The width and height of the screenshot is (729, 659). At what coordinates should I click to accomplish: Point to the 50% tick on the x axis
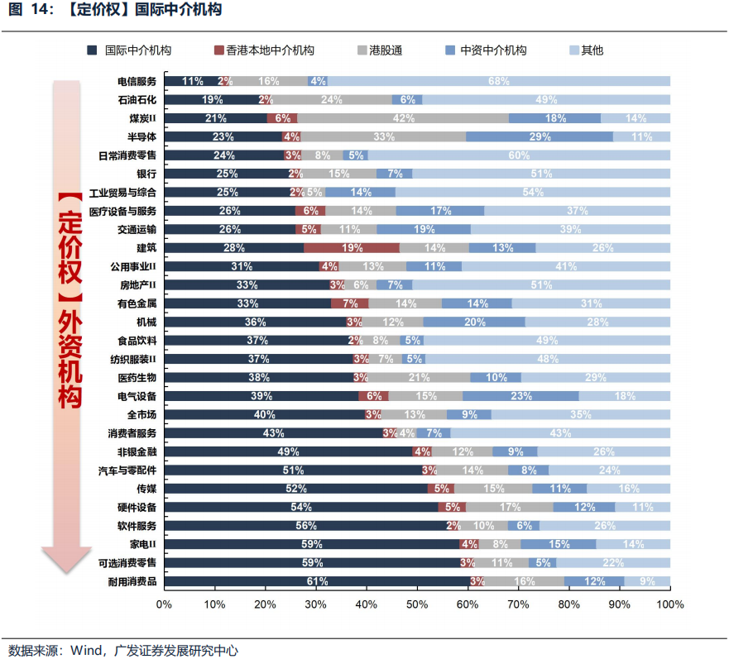click(416, 604)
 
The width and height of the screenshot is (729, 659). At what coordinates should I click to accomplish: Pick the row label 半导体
click(141, 136)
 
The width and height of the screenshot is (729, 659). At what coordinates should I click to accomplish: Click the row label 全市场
click(141, 414)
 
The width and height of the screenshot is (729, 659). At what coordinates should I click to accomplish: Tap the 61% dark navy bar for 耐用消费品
click(317, 581)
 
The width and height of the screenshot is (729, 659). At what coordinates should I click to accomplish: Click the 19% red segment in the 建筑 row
click(352, 247)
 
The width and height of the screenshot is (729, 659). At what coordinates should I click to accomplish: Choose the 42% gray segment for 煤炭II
click(403, 118)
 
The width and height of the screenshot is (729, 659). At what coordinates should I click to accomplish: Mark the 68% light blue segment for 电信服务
click(499, 81)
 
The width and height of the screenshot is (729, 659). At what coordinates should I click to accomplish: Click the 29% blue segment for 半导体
click(540, 136)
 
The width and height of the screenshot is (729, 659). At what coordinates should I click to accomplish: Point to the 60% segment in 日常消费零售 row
click(519, 155)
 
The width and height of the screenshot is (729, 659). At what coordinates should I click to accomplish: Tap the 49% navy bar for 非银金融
click(287, 451)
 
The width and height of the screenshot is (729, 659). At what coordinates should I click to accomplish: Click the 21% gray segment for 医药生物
click(419, 377)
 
